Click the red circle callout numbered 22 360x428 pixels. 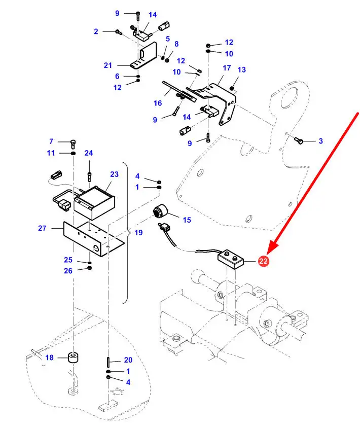coord(263,261)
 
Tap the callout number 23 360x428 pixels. coord(114,174)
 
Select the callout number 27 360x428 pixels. coord(42,228)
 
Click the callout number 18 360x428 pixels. coord(49,358)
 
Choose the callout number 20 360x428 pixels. coord(128,360)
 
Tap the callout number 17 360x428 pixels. coord(227,68)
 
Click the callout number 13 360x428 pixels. coord(241,69)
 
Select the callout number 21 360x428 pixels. coord(107,65)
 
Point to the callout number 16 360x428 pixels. coord(158,103)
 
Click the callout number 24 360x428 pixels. coord(89,153)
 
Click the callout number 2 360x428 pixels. coord(96,31)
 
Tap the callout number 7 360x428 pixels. coord(51,141)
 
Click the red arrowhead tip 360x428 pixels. coord(269,252)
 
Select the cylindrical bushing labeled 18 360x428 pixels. coord(74,358)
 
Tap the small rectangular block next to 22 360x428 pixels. coord(231,261)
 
